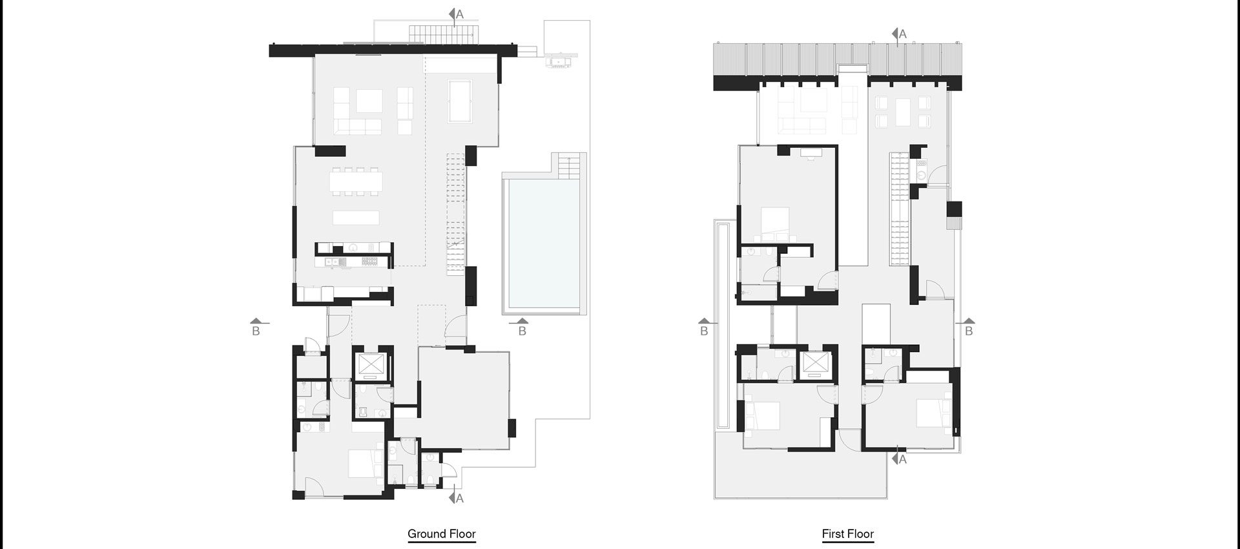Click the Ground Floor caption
[442, 534]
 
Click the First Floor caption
[847, 534]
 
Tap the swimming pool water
[541, 245]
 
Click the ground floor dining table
[356, 181]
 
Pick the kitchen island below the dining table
[356, 217]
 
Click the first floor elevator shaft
[815, 366]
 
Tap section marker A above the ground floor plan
[457, 14]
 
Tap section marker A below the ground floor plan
[457, 498]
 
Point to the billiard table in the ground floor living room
[459, 101]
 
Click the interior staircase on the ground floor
[456, 213]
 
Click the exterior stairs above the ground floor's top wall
[433, 32]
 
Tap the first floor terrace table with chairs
[903, 111]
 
